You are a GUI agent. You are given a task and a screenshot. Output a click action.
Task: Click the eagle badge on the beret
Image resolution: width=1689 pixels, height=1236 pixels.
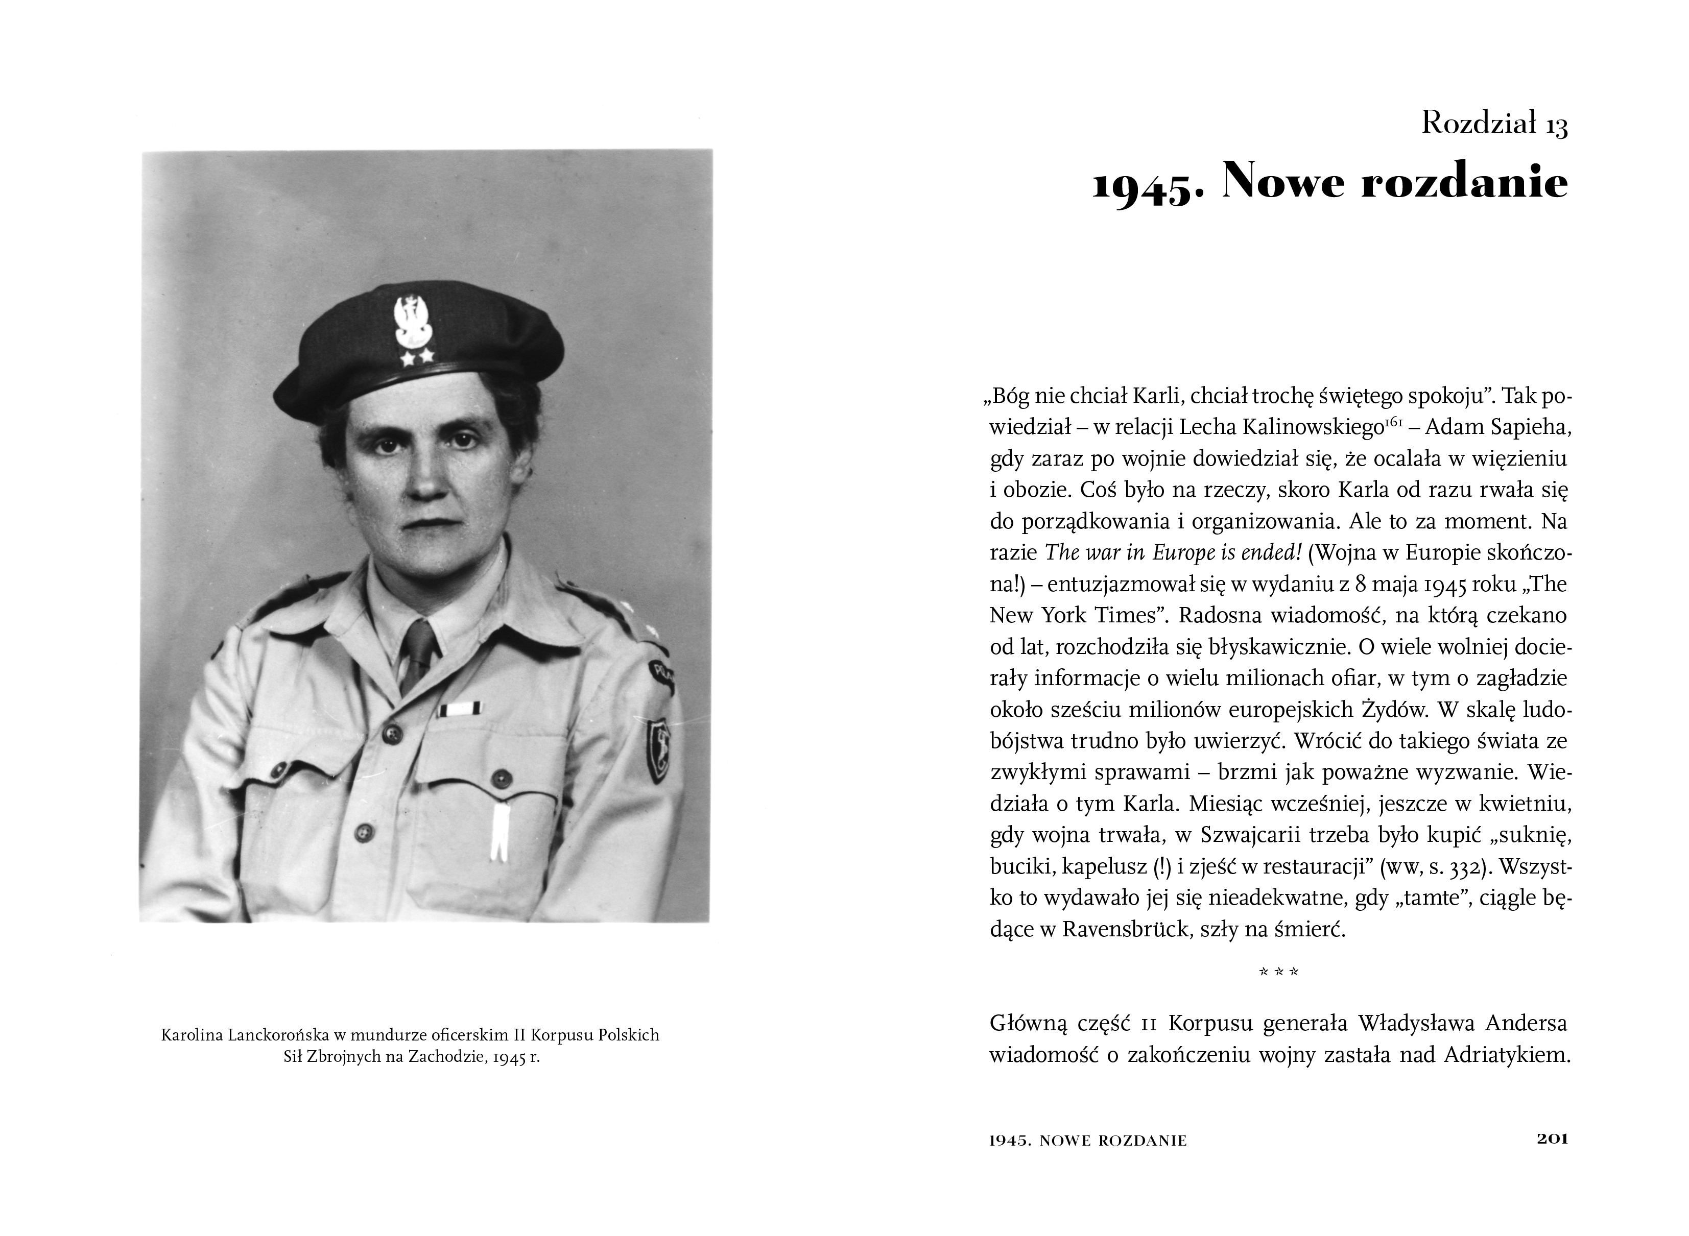click(409, 319)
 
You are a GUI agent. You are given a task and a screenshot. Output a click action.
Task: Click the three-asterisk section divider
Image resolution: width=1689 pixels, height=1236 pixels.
click(1278, 972)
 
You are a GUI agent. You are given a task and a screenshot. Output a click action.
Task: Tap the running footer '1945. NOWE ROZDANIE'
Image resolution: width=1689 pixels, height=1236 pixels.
click(1087, 1141)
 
